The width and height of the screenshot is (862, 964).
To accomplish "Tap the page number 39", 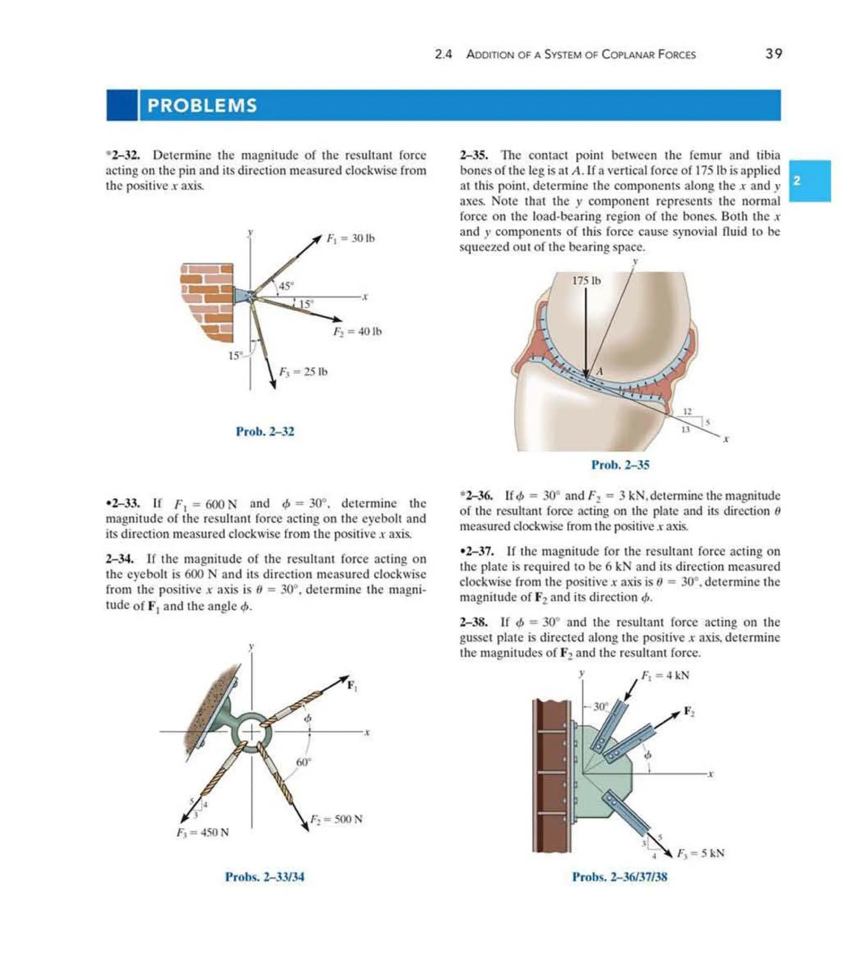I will point(774,54).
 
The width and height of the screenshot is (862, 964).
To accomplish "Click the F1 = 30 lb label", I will point(351,238).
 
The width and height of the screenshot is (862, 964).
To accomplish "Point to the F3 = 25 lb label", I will point(303,372).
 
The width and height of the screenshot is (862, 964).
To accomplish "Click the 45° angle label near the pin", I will point(286,286).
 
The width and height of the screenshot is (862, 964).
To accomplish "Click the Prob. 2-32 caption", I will point(265,431).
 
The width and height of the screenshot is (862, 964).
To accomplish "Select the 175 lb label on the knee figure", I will point(586,281).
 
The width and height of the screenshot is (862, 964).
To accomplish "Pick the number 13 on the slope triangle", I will point(685,430).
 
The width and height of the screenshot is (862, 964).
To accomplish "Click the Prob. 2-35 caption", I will point(620,465).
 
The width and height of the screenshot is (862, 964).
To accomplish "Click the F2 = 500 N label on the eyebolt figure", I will point(336,819).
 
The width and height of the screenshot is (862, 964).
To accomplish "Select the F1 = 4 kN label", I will point(665,676).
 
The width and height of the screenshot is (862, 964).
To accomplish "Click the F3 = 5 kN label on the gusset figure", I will point(700,853).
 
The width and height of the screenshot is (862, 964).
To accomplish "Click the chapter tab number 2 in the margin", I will point(797,181).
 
